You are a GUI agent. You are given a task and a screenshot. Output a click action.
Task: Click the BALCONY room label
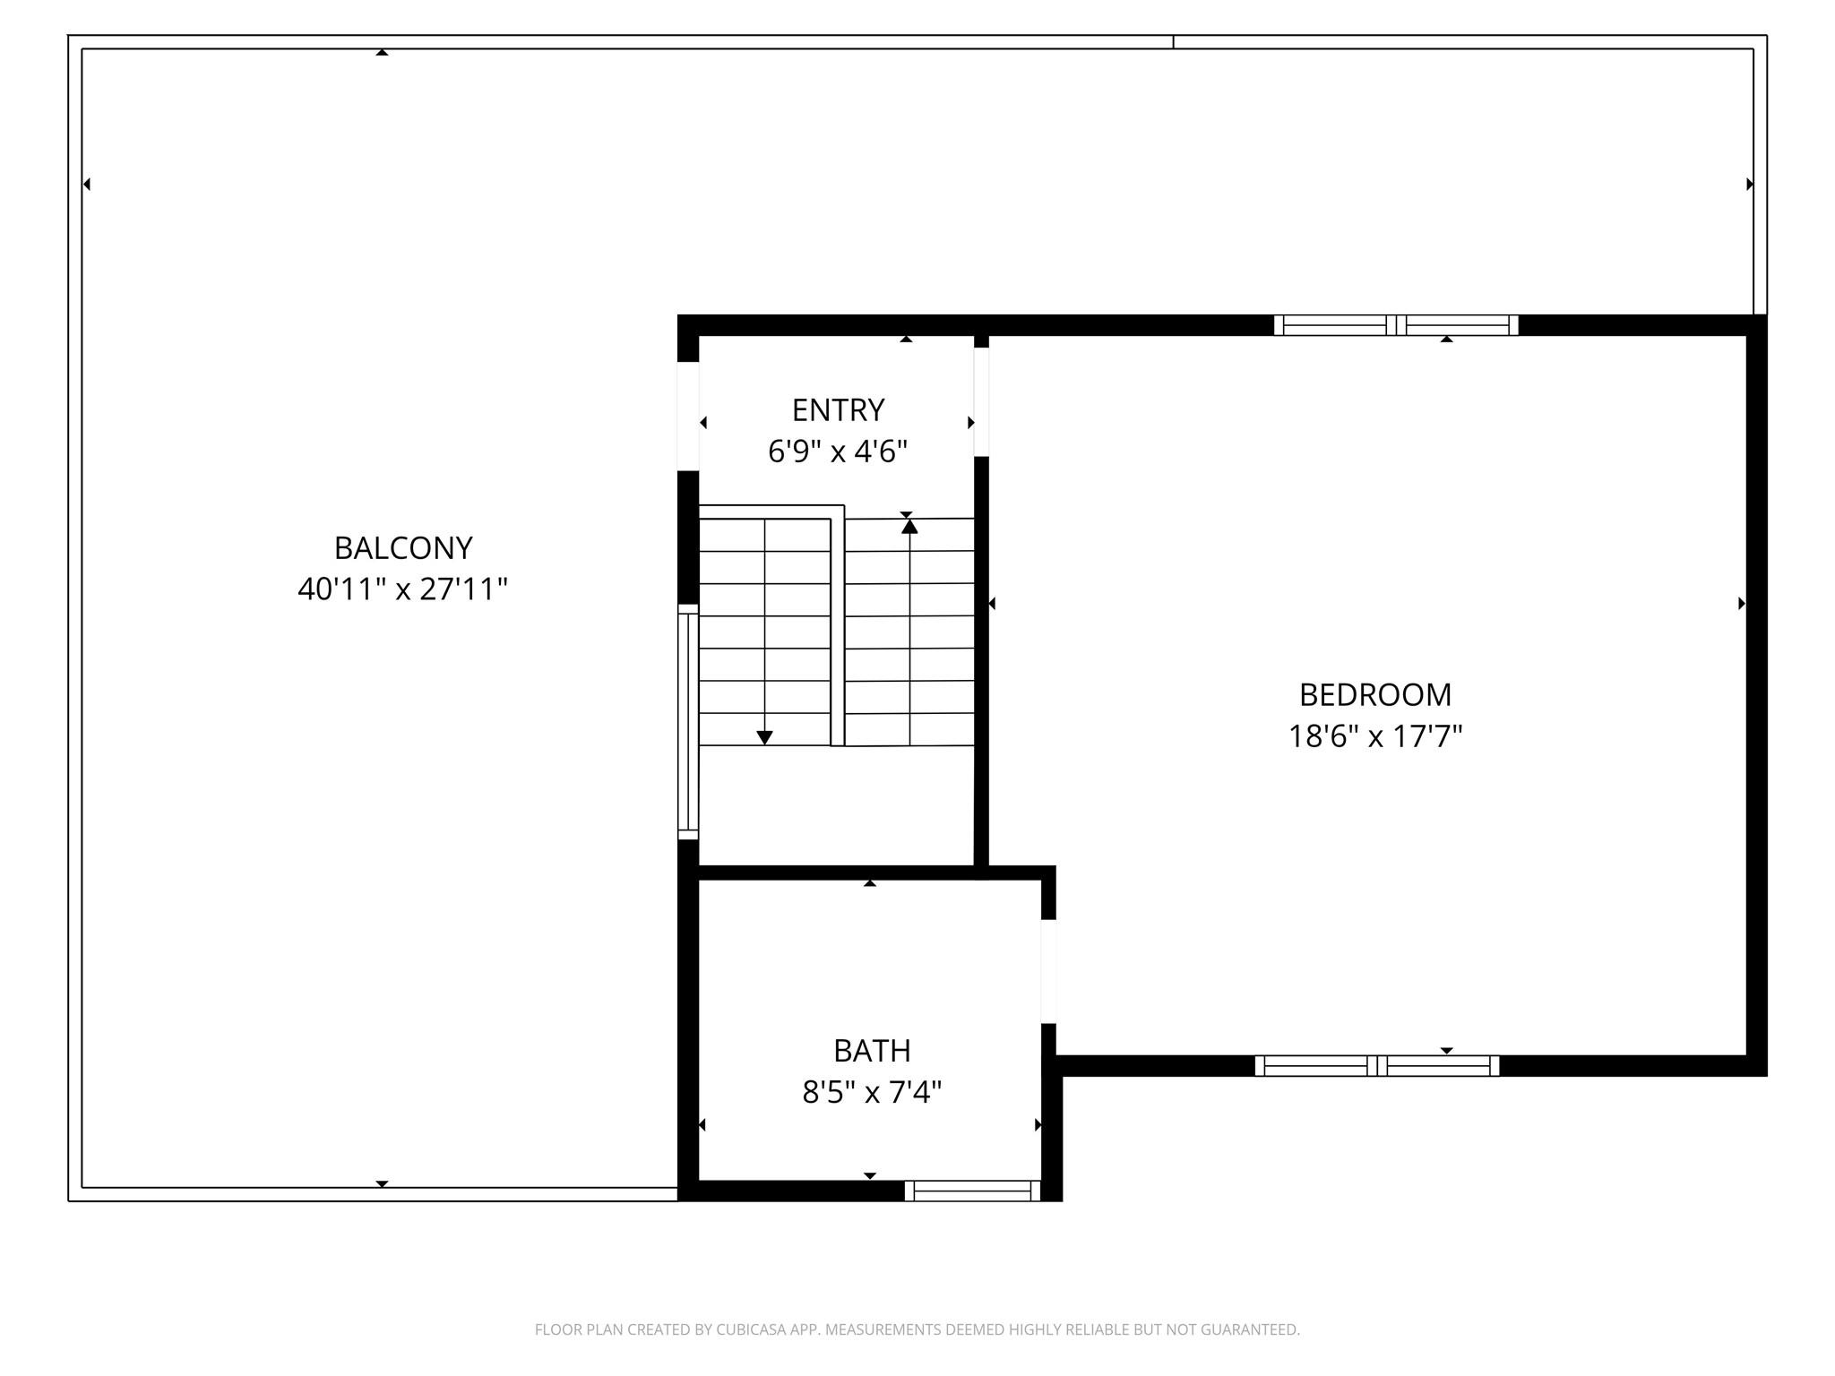point(403,547)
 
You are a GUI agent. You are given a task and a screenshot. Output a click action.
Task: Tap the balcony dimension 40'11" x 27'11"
point(403,589)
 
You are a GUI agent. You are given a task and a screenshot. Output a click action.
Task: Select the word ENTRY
point(838,409)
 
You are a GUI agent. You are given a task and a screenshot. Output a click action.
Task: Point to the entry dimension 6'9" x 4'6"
point(838,451)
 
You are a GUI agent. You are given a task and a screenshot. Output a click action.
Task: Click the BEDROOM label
point(1375,694)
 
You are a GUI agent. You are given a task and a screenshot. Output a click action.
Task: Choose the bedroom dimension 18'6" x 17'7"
point(1375,736)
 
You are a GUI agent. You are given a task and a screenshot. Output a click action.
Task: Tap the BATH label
point(872,1050)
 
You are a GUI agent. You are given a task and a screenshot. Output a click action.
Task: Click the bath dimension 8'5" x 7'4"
point(872,1092)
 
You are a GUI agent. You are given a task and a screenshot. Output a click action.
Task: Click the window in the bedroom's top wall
point(1396,325)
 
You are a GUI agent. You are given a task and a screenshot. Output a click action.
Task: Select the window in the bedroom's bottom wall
point(1376,1066)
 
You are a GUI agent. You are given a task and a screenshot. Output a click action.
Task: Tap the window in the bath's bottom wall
point(972,1191)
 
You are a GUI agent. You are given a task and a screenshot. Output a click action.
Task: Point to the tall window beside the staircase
point(687,722)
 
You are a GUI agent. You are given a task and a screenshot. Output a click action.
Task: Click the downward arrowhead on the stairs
point(764,737)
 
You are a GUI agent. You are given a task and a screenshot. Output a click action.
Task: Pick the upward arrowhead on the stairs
point(909,527)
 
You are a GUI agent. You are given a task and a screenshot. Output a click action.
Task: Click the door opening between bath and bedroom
point(1048,971)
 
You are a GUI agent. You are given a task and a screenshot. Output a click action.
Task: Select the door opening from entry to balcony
point(687,416)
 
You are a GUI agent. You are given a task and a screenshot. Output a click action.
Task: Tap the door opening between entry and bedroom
point(981,402)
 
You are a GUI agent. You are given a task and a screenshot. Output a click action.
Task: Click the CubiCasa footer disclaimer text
point(917,1329)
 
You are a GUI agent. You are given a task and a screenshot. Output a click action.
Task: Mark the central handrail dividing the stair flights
point(838,625)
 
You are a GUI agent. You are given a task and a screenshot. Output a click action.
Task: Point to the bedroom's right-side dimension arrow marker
point(1742,604)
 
